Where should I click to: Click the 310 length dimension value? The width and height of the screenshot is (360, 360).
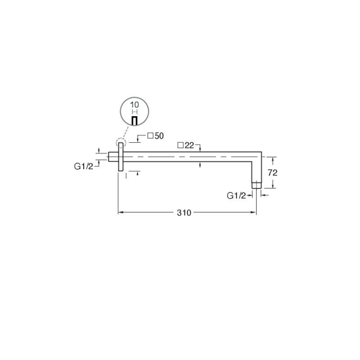click(x=184, y=213)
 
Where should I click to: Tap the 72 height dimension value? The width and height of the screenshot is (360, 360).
click(x=273, y=173)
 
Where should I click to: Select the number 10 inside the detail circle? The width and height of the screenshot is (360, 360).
click(x=135, y=105)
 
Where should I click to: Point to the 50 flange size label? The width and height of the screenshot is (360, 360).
click(x=159, y=136)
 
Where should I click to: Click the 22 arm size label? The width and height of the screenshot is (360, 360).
click(x=189, y=145)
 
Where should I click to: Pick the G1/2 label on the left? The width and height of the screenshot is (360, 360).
click(x=84, y=166)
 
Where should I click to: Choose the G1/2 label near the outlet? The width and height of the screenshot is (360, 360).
click(x=236, y=196)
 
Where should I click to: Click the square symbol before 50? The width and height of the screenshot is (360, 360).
click(x=150, y=136)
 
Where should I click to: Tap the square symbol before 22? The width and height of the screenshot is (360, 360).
click(x=180, y=145)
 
